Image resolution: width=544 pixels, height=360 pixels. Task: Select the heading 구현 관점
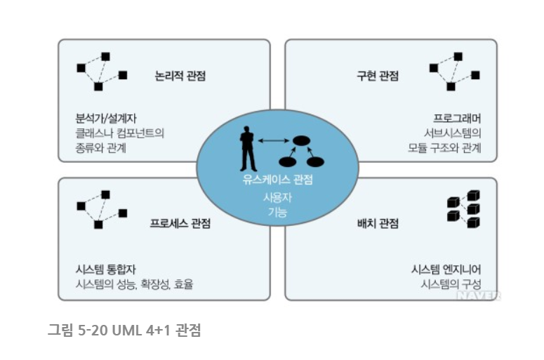click(x=378, y=76)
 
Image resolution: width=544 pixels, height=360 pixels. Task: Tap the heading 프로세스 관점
click(x=180, y=224)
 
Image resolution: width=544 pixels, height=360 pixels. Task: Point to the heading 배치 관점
click(x=378, y=224)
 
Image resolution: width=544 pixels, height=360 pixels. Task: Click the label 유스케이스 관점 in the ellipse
click(x=277, y=180)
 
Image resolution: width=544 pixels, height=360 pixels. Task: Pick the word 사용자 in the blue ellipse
click(x=277, y=197)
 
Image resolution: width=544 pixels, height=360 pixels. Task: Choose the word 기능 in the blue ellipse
click(x=277, y=212)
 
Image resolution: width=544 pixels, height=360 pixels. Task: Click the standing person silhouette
click(x=247, y=148)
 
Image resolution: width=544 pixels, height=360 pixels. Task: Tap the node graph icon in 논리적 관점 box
click(x=101, y=70)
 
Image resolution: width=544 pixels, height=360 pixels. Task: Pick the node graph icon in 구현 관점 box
click(x=453, y=70)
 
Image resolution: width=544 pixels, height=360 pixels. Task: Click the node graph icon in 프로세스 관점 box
click(x=101, y=208)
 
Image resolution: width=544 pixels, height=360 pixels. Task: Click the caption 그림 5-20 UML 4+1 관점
click(x=124, y=329)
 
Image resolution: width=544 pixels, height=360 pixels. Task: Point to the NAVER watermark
click(x=479, y=295)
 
